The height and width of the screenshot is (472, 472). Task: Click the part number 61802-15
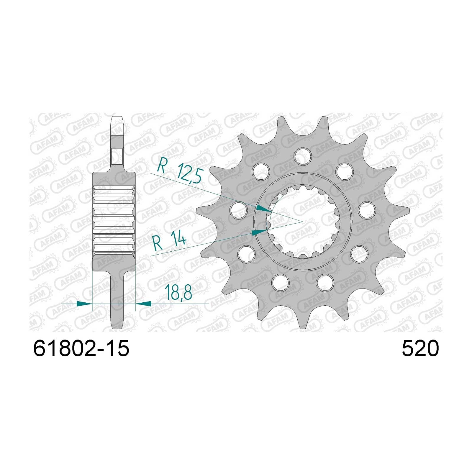[81, 349]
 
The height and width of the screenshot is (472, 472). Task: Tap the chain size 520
[420, 349]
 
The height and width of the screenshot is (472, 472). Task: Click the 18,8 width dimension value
[178, 292]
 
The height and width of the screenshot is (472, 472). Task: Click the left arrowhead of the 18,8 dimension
[84, 303]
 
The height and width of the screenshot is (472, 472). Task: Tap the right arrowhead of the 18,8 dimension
[143, 303]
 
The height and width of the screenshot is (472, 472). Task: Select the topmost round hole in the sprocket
[303, 155]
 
